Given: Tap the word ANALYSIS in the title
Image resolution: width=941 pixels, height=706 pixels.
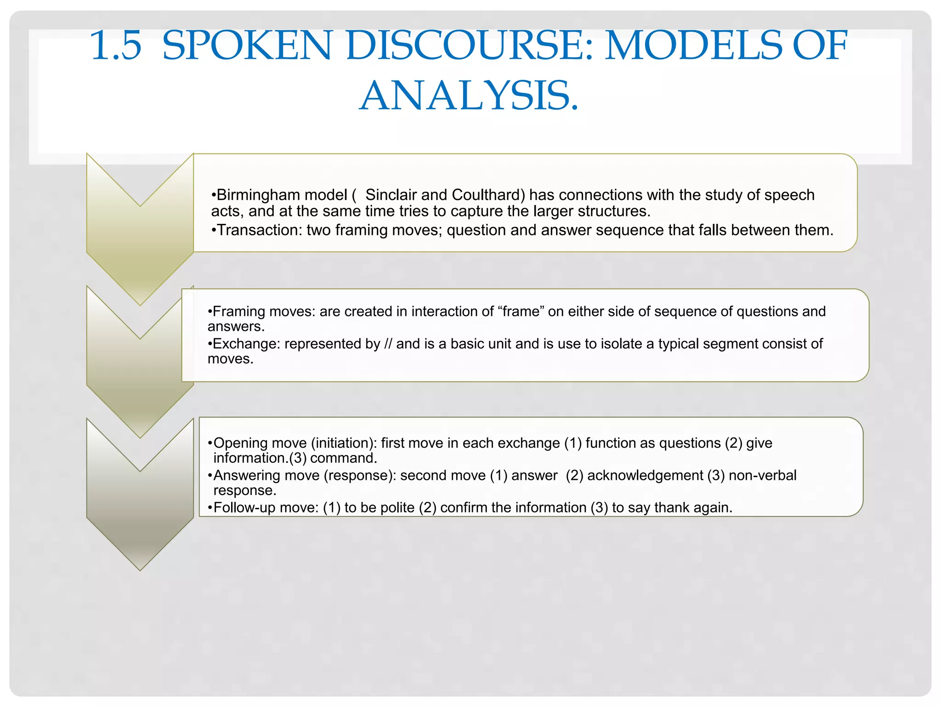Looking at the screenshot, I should click(469, 96).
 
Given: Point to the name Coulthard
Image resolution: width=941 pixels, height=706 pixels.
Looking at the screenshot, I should click(488, 195).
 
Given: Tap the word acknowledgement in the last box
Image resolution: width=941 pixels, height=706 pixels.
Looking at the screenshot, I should click(645, 475).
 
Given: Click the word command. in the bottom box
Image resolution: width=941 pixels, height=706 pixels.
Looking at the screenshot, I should click(344, 458).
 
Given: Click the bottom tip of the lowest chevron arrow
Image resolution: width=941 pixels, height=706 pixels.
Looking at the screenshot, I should click(140, 569).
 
